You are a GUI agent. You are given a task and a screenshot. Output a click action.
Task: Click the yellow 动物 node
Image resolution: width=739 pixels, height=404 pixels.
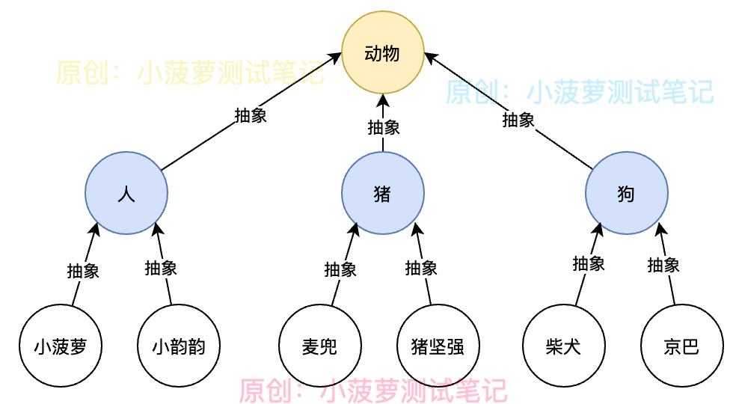tap(383, 53)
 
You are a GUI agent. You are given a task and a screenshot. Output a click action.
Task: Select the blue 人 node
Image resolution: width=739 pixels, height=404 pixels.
tap(126, 193)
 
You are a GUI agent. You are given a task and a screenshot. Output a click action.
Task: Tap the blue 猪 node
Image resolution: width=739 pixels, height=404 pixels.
tap(383, 193)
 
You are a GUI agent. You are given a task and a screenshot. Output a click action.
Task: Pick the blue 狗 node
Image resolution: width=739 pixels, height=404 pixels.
tap(626, 193)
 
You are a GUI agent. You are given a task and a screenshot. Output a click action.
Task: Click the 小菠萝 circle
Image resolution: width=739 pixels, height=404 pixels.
tap(61, 346)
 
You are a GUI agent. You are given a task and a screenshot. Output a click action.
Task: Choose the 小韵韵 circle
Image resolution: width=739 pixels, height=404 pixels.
tap(179, 346)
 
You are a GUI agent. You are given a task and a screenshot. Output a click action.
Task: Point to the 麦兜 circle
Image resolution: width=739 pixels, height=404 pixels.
tap(320, 346)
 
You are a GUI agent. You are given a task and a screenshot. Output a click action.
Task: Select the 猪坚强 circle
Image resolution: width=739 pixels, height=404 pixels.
tap(438, 346)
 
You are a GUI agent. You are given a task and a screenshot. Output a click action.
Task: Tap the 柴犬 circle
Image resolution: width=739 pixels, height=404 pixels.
tap(564, 346)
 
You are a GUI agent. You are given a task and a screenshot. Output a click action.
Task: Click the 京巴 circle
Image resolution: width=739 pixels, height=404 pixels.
tap(681, 346)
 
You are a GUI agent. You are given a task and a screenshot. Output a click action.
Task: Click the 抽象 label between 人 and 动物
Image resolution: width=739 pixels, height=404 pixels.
tap(251, 115)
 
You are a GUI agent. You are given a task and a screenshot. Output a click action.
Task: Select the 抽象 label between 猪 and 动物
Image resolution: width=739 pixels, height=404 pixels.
tap(384, 126)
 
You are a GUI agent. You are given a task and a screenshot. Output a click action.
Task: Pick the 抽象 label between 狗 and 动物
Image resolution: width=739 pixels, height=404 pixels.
tap(518, 120)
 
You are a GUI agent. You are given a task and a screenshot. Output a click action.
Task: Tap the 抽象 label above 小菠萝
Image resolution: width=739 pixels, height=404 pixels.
tap(83, 271)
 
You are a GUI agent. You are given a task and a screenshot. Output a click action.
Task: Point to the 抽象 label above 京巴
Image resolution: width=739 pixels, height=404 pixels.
tap(663, 265)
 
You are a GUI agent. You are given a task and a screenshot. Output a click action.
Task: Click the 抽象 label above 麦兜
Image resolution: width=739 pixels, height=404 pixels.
tap(340, 269)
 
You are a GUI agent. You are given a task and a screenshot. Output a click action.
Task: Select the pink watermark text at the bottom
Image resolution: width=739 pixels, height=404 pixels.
tap(373, 391)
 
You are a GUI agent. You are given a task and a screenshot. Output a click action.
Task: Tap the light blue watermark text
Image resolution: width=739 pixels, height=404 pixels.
tap(580, 91)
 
